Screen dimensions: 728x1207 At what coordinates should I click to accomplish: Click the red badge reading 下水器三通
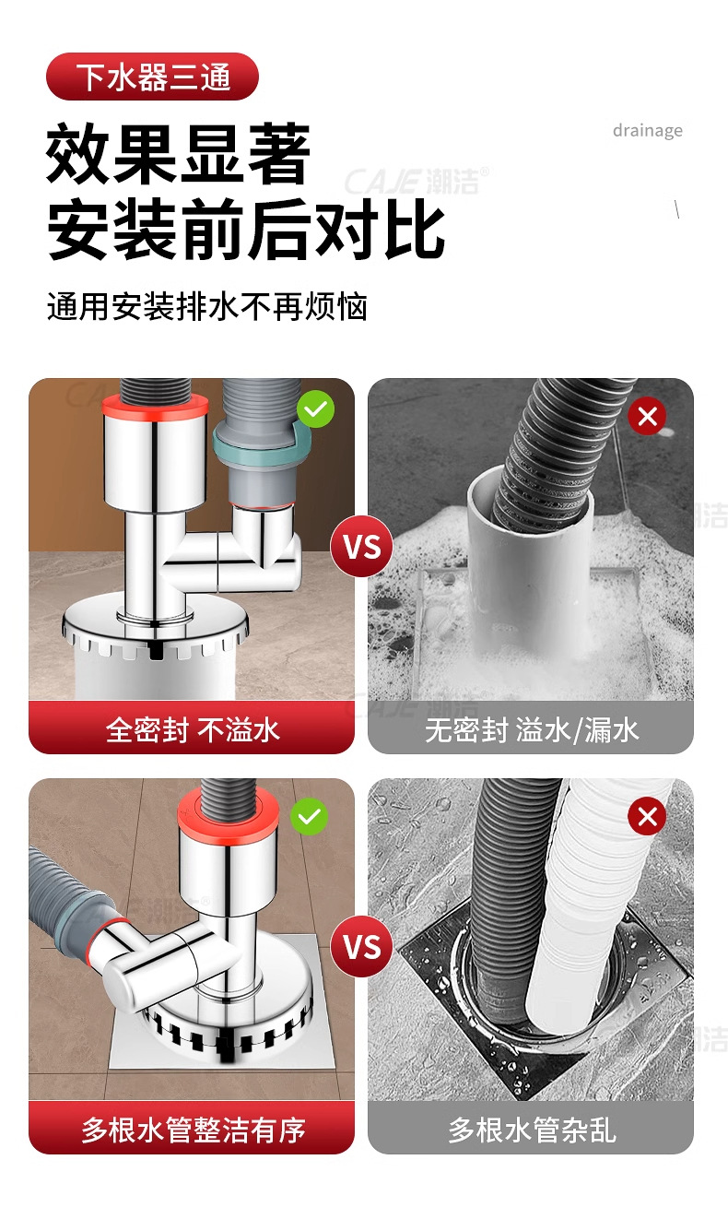(x=152, y=77)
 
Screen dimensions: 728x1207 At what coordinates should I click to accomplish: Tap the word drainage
(x=647, y=130)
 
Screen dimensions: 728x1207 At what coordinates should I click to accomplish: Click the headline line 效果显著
(x=178, y=154)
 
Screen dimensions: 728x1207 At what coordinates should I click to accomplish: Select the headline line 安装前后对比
(x=246, y=229)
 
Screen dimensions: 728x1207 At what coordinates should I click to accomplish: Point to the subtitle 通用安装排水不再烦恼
(x=207, y=307)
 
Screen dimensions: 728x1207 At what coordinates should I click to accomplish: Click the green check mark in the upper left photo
(x=316, y=409)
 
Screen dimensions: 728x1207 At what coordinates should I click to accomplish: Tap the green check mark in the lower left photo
(x=309, y=816)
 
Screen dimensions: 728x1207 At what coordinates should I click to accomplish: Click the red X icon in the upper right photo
(x=647, y=416)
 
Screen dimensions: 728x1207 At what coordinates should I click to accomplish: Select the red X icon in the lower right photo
(x=647, y=816)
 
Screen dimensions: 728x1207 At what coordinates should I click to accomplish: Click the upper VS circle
(x=361, y=546)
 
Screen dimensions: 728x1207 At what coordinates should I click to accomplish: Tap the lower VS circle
(x=361, y=947)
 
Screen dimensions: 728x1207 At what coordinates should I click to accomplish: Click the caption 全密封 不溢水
(x=193, y=730)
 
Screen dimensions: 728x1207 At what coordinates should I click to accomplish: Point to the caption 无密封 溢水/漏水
(x=532, y=730)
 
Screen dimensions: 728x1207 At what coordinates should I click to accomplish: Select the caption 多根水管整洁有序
(x=194, y=1130)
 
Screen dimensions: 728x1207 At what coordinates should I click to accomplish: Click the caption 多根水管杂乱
(x=532, y=1130)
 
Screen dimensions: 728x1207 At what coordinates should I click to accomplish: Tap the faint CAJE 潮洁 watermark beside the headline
(x=417, y=181)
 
